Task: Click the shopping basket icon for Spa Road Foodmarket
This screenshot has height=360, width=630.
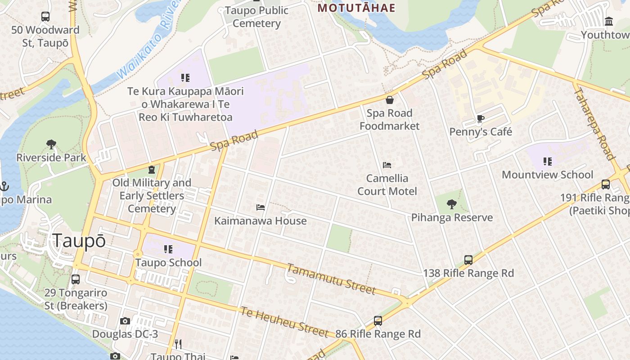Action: pyautogui.click(x=390, y=100)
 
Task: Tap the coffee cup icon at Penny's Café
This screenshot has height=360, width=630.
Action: pyautogui.click(x=481, y=119)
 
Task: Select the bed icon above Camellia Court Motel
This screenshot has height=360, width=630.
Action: pyautogui.click(x=387, y=165)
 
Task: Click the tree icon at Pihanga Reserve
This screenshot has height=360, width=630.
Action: pyautogui.click(x=452, y=205)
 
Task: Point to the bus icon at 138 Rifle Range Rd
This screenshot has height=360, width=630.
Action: pyautogui.click(x=468, y=260)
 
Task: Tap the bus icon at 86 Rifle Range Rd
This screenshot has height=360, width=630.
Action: pyautogui.click(x=378, y=321)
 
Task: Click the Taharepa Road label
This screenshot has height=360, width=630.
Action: pyautogui.click(x=594, y=122)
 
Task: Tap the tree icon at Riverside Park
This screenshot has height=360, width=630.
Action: pyautogui.click(x=51, y=145)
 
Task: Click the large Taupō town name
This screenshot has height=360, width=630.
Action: pyautogui.click(x=79, y=241)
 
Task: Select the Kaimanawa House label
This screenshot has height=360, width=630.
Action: pyautogui.click(x=260, y=221)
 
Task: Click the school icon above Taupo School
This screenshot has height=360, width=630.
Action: pyautogui.click(x=168, y=249)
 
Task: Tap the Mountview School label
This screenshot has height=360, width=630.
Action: pyautogui.click(x=547, y=175)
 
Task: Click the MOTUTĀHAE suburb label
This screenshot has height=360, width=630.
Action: pyautogui.click(x=356, y=8)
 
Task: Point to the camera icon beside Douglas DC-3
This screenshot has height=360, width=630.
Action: pyautogui.click(x=125, y=321)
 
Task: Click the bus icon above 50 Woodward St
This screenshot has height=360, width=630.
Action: pyautogui.click(x=45, y=17)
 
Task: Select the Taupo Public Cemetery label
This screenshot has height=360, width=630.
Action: pyautogui.click(x=256, y=17)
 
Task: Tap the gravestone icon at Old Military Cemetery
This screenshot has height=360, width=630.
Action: pyautogui.click(x=152, y=170)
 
